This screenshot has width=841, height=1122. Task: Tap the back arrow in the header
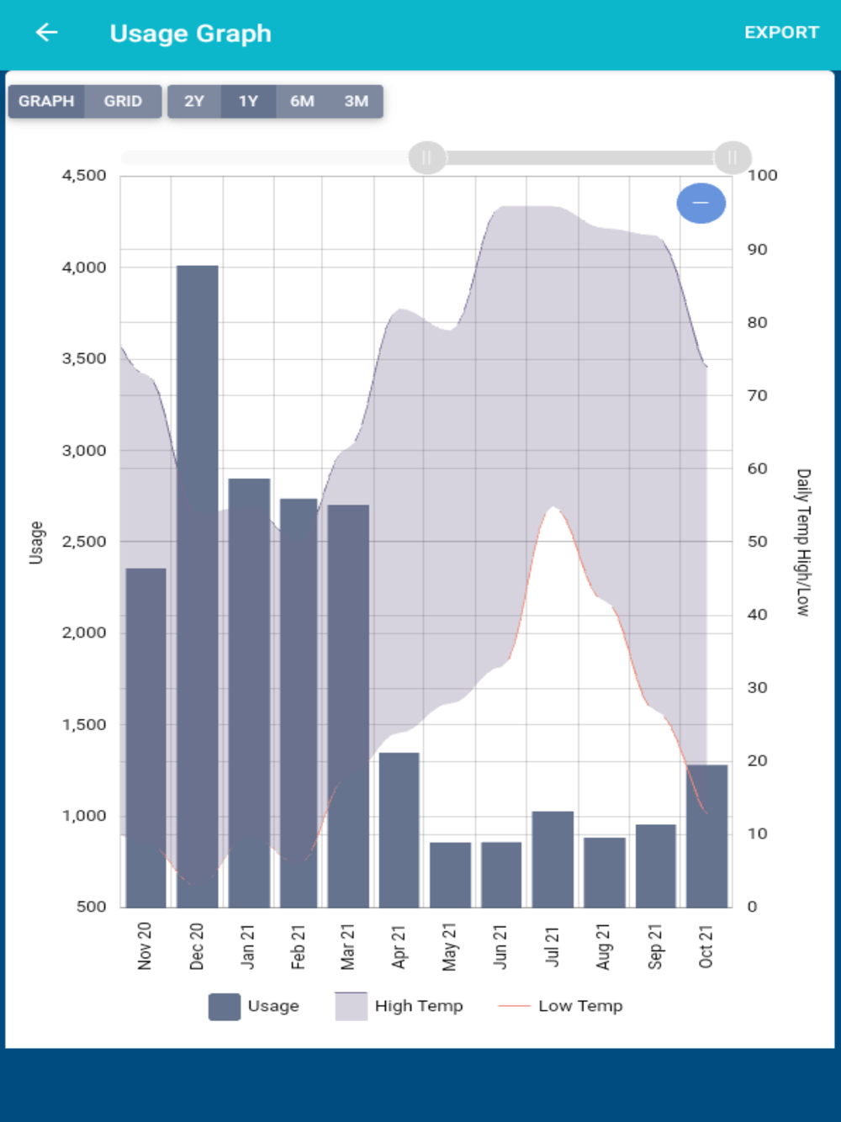[46, 33]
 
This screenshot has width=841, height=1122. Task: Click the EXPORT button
[781, 33]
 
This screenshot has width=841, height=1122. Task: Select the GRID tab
[123, 101]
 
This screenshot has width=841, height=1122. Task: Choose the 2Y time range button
[194, 101]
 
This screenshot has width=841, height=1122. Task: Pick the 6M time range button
[302, 101]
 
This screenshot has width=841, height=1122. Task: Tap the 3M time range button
[356, 101]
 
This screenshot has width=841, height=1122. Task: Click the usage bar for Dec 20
[198, 589]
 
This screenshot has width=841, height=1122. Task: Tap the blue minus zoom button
[701, 203]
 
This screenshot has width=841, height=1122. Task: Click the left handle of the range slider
[426, 157]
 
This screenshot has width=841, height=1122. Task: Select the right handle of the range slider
[732, 157]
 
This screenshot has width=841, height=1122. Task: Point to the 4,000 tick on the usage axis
[84, 267]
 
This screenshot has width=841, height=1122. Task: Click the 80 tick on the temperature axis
[757, 322]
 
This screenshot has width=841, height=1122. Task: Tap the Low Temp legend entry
[561, 1006]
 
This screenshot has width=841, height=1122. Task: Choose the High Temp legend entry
[399, 1006]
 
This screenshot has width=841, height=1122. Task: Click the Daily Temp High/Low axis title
[803, 542]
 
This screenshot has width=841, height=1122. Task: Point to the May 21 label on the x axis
[450, 946]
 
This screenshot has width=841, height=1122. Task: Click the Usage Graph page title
[191, 34]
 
